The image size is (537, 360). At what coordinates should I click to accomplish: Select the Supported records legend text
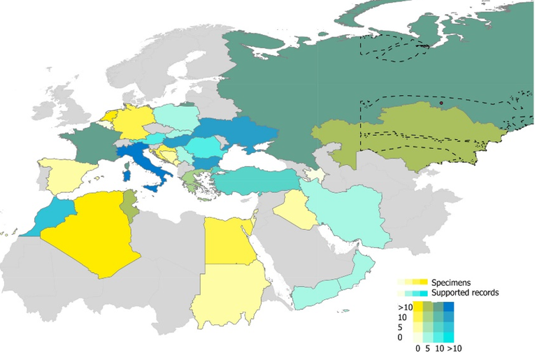[x=465, y=293]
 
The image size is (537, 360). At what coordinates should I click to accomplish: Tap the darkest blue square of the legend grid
[x=449, y=307]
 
